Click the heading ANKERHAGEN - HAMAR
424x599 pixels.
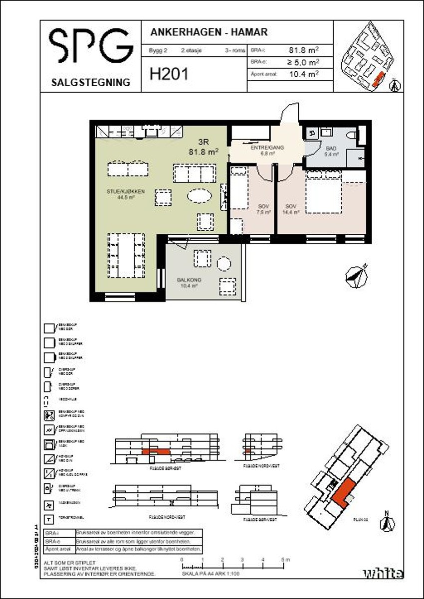tap(209, 32)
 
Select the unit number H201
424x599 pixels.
tap(169, 75)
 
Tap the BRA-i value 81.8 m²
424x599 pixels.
tap(303, 50)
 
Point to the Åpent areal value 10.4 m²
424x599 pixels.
tap(303, 74)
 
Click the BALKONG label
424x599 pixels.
tap(188, 283)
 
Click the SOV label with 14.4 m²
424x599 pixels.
tap(292, 208)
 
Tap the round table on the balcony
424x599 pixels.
tap(224, 264)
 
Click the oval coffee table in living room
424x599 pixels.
tap(199, 196)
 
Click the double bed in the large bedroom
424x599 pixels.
tap(324, 192)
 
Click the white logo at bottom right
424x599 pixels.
tap(383, 573)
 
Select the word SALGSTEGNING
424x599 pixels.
tap(90, 82)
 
